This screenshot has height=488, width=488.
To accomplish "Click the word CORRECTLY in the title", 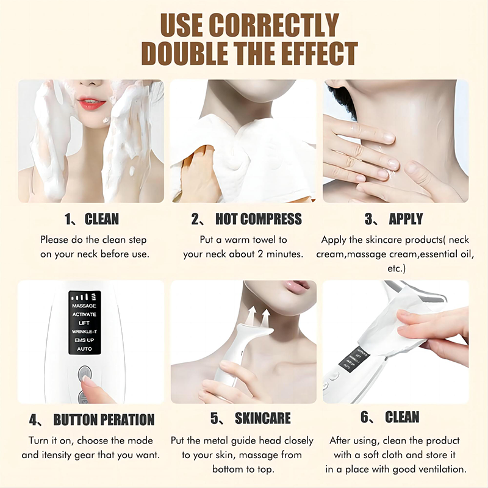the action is tap(274, 26).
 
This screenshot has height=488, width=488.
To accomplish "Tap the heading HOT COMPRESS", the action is tap(258, 219).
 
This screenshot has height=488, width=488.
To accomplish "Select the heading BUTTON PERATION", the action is tap(104, 420).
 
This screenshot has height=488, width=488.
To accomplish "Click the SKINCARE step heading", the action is tap(263, 418).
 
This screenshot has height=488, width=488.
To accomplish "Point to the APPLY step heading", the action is tap(406, 219).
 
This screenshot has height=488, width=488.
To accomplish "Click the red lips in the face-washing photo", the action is tap(92, 103).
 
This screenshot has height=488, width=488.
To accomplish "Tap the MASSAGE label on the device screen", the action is tap(84, 306).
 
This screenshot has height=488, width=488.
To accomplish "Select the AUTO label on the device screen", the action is tap(84, 349).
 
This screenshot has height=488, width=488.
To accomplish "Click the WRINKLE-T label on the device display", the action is tap(84, 332).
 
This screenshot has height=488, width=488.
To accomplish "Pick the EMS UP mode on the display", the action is tap(84, 340).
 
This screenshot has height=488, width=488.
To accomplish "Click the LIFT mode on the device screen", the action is tap(84, 323).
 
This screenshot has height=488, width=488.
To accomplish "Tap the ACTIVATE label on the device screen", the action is tap(84, 314).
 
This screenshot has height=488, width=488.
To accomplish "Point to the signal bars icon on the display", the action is tap(84, 297).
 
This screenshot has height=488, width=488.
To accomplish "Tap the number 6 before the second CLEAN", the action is tap(364, 417).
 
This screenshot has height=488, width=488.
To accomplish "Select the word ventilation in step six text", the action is tap(441, 469).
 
